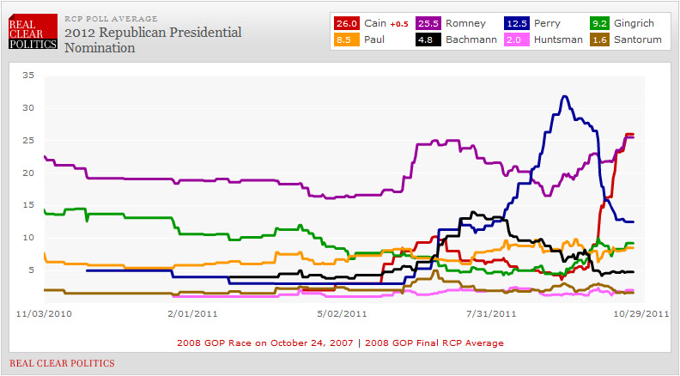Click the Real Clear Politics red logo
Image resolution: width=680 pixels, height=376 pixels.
pyautogui.click(x=33, y=33)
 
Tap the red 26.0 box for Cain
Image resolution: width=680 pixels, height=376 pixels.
pyautogui.click(x=345, y=23)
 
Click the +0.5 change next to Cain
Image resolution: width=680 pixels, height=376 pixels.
pyautogui.click(x=398, y=24)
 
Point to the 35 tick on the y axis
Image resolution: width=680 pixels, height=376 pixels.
pyautogui.click(x=28, y=76)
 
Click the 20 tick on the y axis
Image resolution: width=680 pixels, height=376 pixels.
pyautogui.click(x=28, y=173)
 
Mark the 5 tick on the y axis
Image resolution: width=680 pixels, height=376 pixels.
pyautogui.click(x=31, y=270)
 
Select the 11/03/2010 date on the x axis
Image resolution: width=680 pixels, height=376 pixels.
pyautogui.click(x=42, y=312)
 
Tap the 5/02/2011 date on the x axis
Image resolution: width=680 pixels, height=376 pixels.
pyautogui.click(x=343, y=312)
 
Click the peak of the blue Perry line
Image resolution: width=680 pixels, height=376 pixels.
pyautogui.click(x=563, y=96)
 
